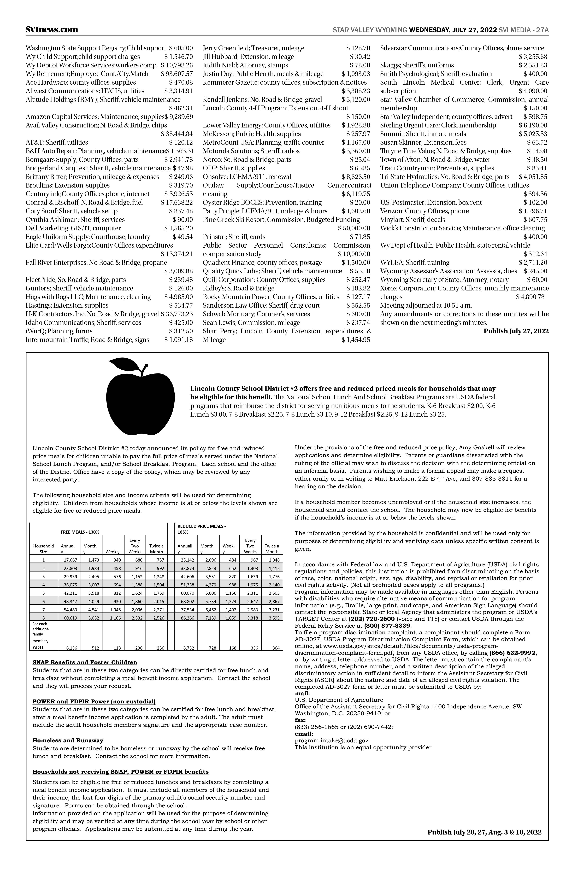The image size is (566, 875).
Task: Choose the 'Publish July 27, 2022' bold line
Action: (x=516, y=331)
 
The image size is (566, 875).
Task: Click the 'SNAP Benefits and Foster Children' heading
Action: (x=85, y=662)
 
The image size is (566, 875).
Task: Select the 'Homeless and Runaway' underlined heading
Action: (x=68, y=740)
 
